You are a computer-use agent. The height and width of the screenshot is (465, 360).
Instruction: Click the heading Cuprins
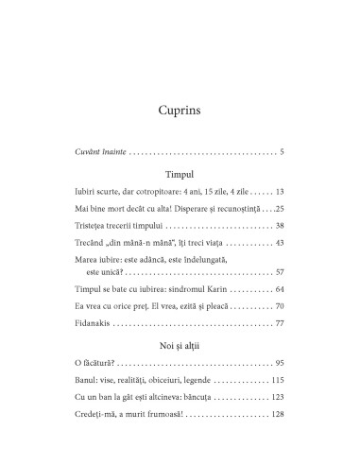click(x=180, y=110)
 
